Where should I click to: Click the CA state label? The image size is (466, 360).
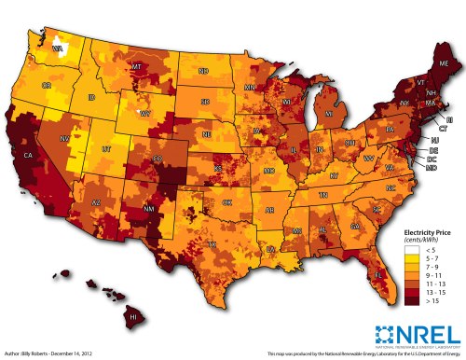[28, 155]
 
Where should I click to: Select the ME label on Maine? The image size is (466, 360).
[442, 62]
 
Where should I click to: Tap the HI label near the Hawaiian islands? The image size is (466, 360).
[132, 318]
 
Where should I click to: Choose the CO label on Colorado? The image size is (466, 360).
[158, 159]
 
